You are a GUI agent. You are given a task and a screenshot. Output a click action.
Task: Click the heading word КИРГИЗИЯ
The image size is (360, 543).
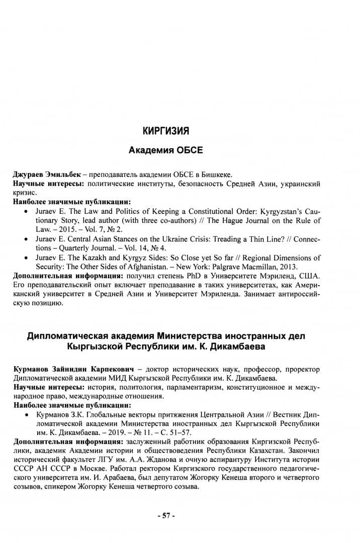[165, 132]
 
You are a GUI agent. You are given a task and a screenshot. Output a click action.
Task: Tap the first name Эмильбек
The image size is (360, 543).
[61, 174]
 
